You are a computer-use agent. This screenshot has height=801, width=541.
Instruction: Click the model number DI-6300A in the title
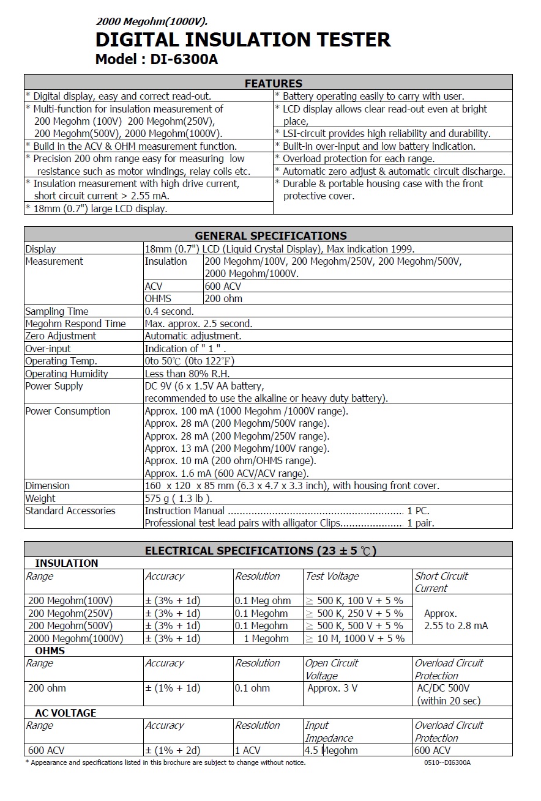tap(184, 60)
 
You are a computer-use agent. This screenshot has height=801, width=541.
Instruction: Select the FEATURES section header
tap(273, 83)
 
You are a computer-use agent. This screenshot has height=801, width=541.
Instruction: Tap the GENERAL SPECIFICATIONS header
tap(270, 235)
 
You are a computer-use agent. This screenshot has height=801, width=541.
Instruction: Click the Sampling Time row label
tap(57, 311)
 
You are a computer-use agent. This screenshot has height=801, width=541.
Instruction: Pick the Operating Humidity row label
tap(67, 374)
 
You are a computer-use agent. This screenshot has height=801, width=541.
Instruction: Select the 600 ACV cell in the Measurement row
tap(223, 286)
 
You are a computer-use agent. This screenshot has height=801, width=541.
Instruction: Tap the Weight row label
tap(40, 498)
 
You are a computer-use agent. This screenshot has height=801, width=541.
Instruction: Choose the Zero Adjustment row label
tap(61, 336)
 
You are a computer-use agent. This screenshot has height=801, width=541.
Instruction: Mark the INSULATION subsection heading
tap(67, 563)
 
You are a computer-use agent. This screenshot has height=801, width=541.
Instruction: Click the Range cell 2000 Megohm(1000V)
tap(76, 638)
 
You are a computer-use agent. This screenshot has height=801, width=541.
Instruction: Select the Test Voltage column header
tap(332, 576)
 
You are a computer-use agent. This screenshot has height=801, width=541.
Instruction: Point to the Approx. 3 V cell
tap(332, 688)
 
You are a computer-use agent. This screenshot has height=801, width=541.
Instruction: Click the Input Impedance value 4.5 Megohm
tap(331, 750)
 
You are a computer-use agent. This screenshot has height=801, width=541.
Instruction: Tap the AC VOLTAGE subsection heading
tap(65, 713)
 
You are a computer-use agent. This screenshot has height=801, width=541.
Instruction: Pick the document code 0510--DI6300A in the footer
tap(447, 762)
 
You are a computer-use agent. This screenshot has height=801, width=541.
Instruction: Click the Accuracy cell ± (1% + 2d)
tap(173, 750)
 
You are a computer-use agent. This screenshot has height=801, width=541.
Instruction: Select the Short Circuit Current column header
tap(441, 582)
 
